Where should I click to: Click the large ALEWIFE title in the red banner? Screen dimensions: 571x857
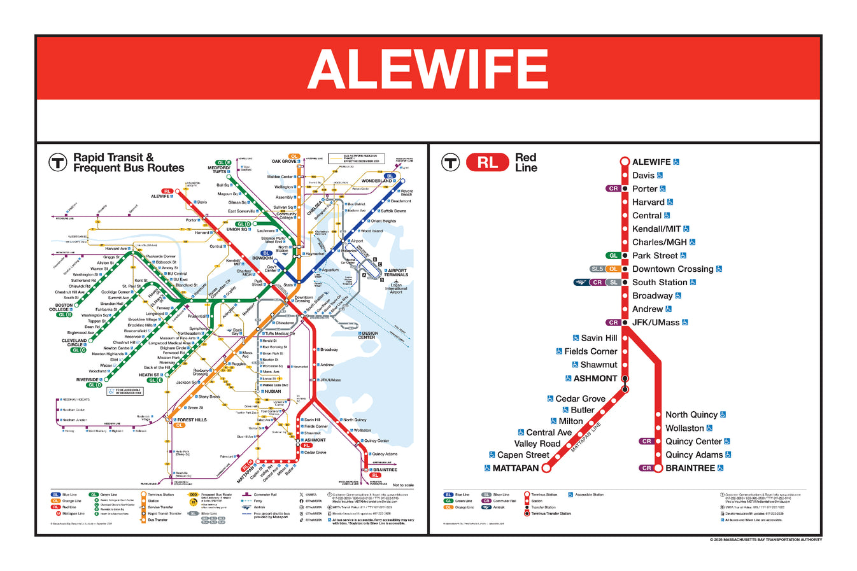click(428, 69)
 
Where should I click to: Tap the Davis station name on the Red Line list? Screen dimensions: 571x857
click(643, 176)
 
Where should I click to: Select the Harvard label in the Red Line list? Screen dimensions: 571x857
click(648, 202)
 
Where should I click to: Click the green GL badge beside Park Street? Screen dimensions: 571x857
click(613, 256)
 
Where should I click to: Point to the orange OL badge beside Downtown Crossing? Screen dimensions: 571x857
click(613, 269)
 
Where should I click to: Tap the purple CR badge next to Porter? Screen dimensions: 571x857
click(613, 189)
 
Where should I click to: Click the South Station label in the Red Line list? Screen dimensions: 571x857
click(659, 283)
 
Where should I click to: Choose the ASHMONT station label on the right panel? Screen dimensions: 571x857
click(595, 379)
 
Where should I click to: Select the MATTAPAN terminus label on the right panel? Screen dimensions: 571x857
click(515, 469)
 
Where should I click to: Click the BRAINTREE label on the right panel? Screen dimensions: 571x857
click(690, 469)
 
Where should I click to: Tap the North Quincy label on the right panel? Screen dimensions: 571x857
click(691, 415)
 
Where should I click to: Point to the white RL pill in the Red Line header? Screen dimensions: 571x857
click(487, 163)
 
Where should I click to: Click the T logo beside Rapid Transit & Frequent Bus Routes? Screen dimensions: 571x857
click(58, 162)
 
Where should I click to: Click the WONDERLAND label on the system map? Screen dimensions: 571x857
click(377, 181)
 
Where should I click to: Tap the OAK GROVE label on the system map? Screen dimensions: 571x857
click(284, 162)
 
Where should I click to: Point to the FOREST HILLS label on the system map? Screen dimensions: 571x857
click(192, 420)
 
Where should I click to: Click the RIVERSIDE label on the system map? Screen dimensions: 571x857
click(87, 380)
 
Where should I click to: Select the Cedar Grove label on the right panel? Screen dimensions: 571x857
click(579, 399)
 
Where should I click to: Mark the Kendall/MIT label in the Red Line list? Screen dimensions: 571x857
click(656, 229)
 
